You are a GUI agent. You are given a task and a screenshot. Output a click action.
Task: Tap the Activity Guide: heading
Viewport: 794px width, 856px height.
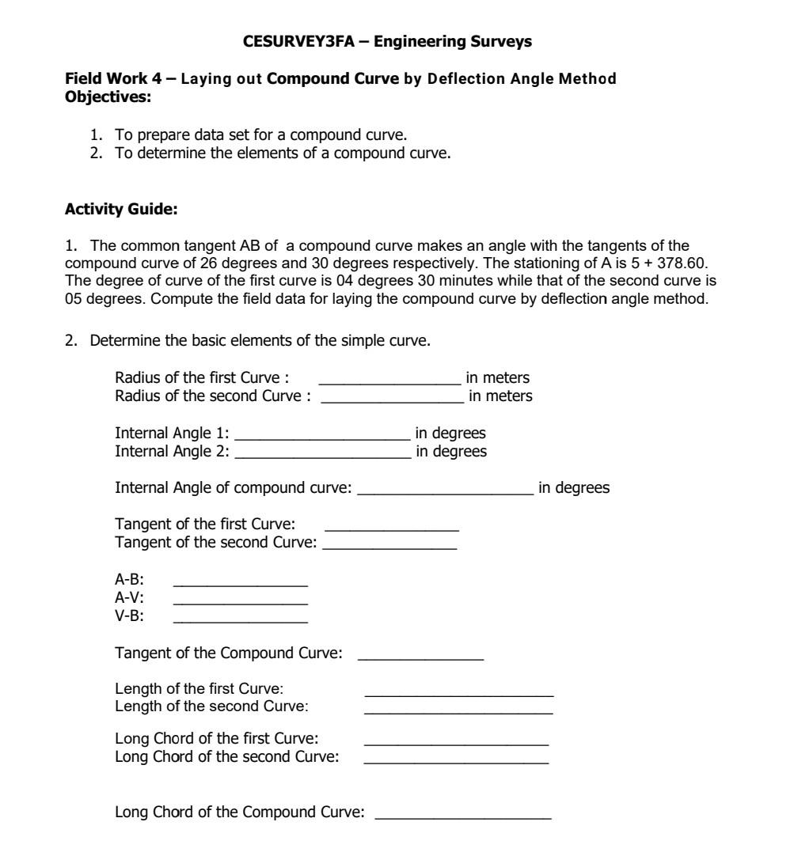[x=120, y=210]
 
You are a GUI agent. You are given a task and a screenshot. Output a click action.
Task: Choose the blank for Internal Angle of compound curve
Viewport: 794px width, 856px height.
[x=446, y=490]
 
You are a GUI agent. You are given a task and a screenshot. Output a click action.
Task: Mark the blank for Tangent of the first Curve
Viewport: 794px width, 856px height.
[x=392, y=527]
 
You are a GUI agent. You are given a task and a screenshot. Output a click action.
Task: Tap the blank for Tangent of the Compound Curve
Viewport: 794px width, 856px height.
[x=420, y=656]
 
